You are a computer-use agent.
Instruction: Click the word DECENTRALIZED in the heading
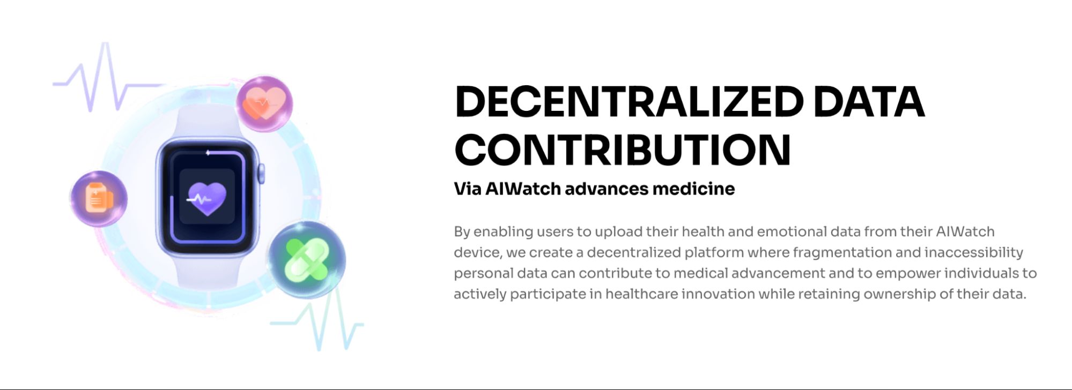[x=629, y=101]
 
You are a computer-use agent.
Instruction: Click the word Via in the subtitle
[x=467, y=189]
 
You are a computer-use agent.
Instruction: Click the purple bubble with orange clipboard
[x=99, y=199]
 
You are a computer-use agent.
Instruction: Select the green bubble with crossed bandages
[x=306, y=260]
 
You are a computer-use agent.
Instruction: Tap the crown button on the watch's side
[x=261, y=174]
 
